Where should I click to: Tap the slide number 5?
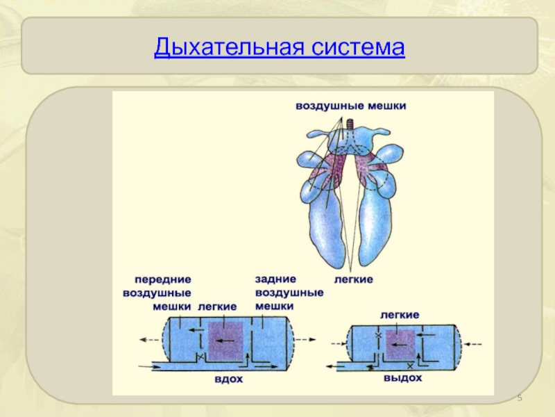coord(520,398)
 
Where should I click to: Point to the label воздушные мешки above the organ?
coord(351,106)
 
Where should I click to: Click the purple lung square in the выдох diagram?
coord(399,343)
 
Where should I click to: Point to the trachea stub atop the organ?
coord(350,126)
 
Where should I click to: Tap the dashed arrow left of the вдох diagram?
coord(148,339)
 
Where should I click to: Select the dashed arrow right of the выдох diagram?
coord(477,343)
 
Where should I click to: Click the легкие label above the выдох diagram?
coord(399,314)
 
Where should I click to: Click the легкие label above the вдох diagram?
coord(216,306)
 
